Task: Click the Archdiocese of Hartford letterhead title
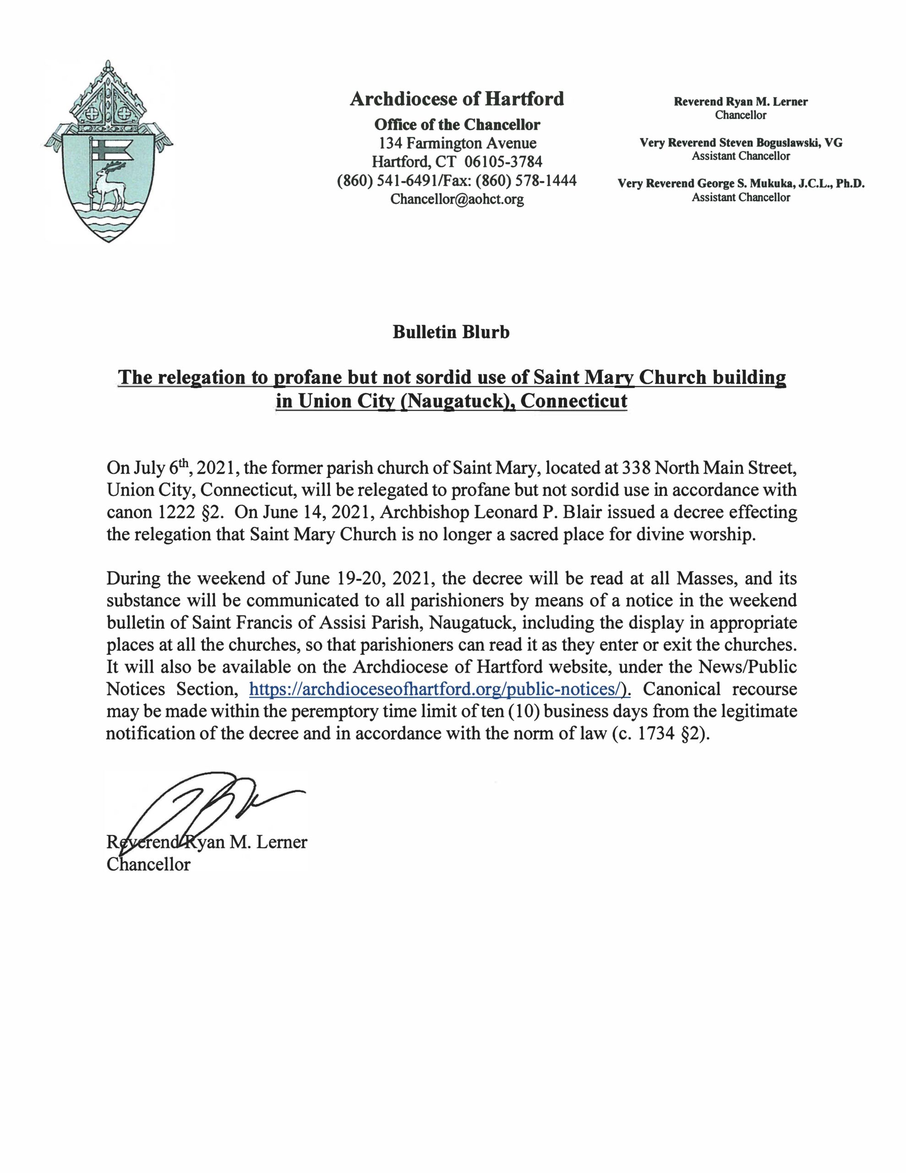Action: [x=457, y=99]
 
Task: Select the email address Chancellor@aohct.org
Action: [x=457, y=199]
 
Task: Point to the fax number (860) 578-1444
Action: [x=526, y=181]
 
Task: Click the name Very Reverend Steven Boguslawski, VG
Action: [x=741, y=143]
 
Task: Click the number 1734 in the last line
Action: [x=655, y=733]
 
